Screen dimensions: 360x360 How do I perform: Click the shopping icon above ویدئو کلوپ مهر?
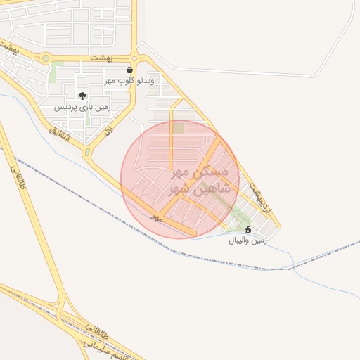pyautogui.click(x=130, y=70)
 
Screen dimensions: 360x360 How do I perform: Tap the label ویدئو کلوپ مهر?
pyautogui.click(x=130, y=82)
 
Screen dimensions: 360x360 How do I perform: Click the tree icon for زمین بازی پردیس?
pyautogui.click(x=83, y=96)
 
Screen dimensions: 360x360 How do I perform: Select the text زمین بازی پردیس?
pyautogui.click(x=83, y=108)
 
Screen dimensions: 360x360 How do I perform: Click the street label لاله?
pyautogui.click(x=108, y=130)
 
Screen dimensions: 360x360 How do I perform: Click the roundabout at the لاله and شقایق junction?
pyautogui.click(x=87, y=151)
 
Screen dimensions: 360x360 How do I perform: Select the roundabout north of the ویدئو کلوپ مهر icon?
pyautogui.click(x=134, y=58)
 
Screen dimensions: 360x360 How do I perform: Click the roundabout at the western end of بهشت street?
pyautogui.click(x=46, y=58)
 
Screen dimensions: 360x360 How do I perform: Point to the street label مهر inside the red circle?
pyautogui.click(x=157, y=219)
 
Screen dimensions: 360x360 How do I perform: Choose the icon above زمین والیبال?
pyautogui.click(x=247, y=229)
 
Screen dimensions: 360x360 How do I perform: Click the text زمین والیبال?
pyautogui.click(x=247, y=240)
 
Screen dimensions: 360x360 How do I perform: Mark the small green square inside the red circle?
pyautogui.click(x=179, y=129)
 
